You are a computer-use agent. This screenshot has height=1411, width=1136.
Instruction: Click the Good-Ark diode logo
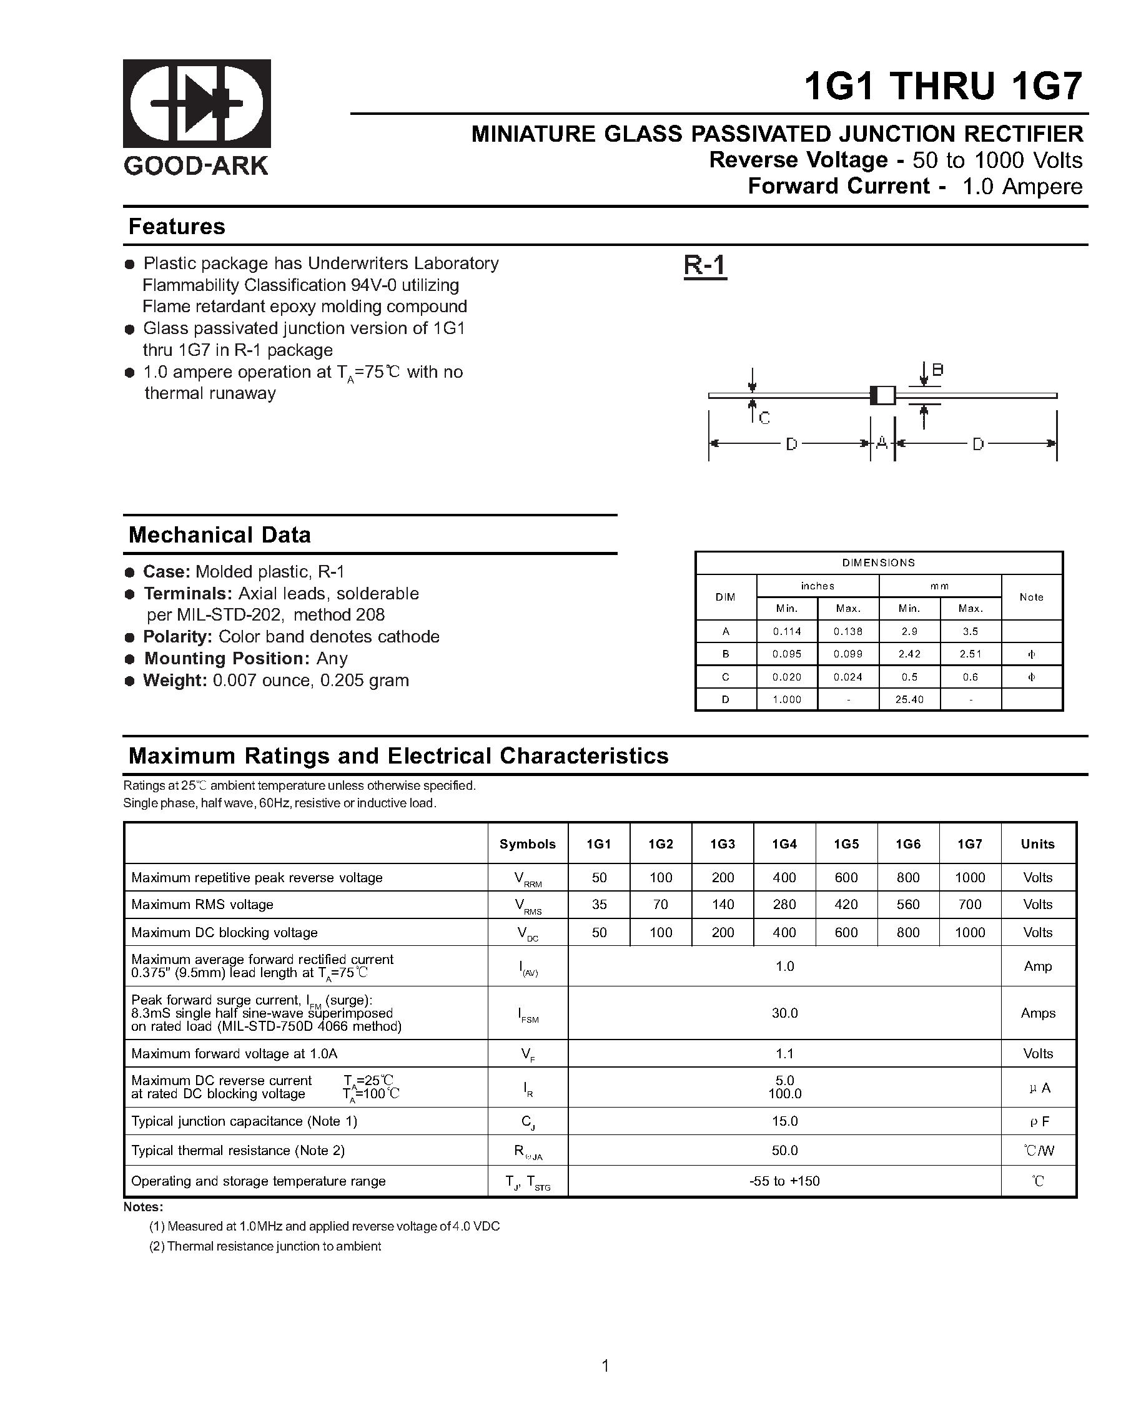click(x=197, y=104)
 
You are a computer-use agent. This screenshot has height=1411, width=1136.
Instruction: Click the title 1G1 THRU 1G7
click(x=943, y=86)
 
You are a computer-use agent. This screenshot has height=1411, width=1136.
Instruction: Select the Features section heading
click(x=177, y=227)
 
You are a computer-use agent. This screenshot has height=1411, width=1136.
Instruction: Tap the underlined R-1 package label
click(x=704, y=266)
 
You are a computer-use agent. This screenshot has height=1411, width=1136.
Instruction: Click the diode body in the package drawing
click(x=882, y=395)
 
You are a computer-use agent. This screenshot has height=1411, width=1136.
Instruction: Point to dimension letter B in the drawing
click(x=937, y=370)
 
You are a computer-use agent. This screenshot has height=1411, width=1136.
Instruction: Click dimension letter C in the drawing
click(x=764, y=418)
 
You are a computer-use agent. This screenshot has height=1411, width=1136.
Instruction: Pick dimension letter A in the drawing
click(x=881, y=443)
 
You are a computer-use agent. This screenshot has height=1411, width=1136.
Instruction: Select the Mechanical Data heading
click(x=219, y=534)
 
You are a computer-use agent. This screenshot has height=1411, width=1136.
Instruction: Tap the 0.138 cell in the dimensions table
click(x=847, y=632)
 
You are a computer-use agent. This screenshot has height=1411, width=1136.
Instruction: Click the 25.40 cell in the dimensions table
click(x=909, y=700)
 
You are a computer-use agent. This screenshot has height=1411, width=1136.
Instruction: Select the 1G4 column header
click(x=784, y=844)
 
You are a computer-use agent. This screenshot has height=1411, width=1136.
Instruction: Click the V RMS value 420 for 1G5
click(x=846, y=905)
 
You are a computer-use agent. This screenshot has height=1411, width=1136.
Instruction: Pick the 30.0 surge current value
click(x=784, y=1013)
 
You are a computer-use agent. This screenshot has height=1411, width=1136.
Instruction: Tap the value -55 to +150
click(x=784, y=1181)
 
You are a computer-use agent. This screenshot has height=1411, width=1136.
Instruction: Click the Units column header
click(x=1037, y=844)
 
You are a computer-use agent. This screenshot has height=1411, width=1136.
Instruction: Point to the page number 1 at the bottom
click(x=605, y=1366)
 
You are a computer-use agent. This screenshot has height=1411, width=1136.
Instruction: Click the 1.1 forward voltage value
click(x=784, y=1054)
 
